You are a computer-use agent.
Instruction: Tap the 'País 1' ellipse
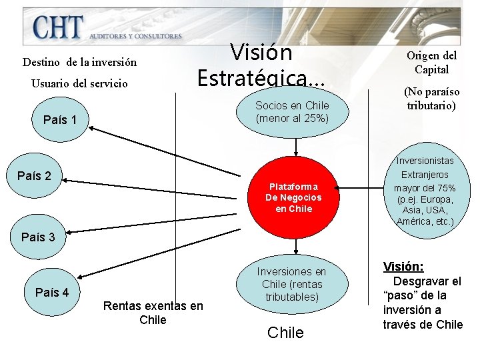(59, 120)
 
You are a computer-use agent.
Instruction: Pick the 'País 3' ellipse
(42, 237)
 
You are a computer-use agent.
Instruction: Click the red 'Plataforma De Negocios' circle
(293, 197)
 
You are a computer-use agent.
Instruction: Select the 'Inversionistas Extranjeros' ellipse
(425, 191)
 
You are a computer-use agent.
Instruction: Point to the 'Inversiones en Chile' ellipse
(291, 284)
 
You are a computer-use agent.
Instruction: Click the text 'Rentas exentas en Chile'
(153, 313)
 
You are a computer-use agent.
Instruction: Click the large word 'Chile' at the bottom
(285, 333)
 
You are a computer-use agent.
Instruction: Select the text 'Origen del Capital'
(431, 63)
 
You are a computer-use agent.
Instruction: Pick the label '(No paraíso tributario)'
(431, 99)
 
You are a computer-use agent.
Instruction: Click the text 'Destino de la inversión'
(79, 62)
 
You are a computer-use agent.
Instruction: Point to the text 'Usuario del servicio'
(80, 85)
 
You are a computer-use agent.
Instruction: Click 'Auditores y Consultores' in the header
(135, 35)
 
